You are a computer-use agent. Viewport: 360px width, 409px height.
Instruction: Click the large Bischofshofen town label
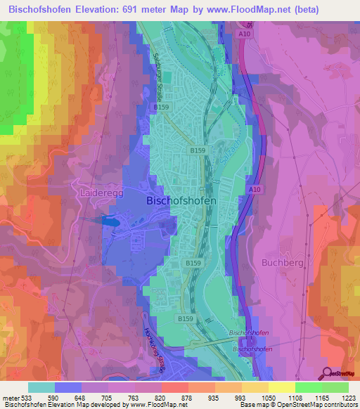coord(181,200)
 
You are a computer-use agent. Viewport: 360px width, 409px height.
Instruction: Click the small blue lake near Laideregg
coord(112,220)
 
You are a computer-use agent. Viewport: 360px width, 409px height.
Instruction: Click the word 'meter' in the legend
coord(10,397)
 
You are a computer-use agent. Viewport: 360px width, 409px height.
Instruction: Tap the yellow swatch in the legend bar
coord(281,387)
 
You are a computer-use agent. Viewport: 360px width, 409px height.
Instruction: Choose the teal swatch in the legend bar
coord(41,387)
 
